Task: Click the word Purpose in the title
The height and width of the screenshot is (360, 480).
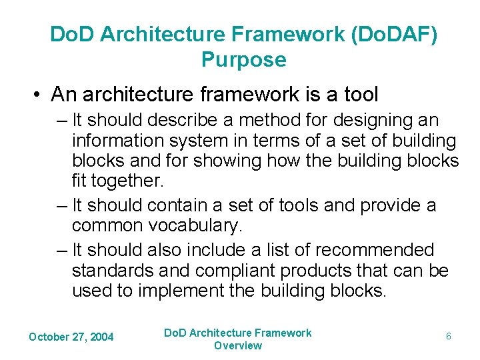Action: click(243, 60)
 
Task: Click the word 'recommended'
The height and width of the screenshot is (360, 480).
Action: click(375, 250)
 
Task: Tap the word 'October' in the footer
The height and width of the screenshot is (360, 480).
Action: click(49, 337)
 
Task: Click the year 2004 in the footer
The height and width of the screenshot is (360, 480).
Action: click(101, 337)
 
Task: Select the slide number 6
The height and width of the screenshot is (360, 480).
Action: click(449, 337)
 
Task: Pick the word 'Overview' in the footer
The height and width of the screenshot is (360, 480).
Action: click(238, 345)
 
